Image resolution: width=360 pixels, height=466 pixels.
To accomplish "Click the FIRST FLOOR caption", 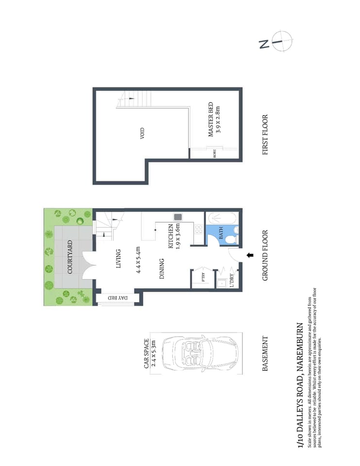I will click(265, 134).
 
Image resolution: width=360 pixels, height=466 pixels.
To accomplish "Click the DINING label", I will click(162, 269).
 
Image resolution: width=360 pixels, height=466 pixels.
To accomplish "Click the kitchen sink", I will click(178, 217).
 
